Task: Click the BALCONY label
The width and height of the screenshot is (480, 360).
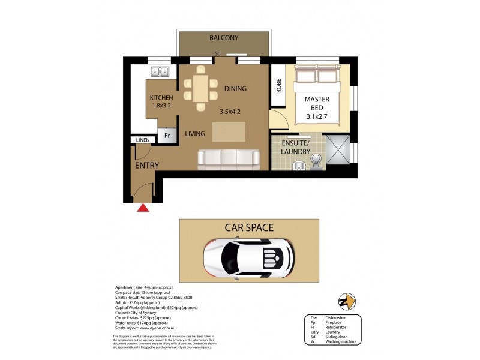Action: point(224,38)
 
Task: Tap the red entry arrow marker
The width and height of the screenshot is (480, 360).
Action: point(143,208)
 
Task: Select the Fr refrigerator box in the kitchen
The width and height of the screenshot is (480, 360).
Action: point(167,136)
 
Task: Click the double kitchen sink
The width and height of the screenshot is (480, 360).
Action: point(160,71)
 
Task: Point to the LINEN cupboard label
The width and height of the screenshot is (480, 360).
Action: point(142,140)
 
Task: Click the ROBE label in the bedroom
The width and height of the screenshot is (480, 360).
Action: point(278,86)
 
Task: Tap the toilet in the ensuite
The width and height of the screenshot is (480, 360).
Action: point(317,158)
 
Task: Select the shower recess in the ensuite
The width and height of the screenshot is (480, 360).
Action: point(338,151)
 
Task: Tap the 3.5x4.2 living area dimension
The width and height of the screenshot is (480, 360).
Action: point(231,111)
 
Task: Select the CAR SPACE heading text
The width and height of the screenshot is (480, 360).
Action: point(249,227)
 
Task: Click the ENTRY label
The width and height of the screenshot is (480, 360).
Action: point(146,166)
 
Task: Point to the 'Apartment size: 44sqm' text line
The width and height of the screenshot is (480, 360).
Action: point(142,287)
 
